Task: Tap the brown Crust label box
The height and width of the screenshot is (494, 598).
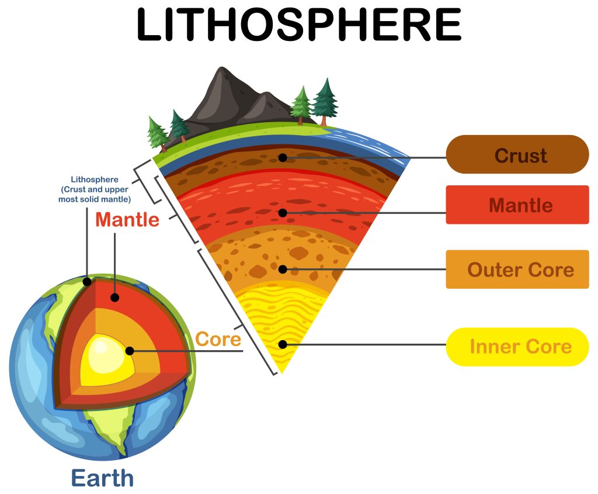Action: tap(517, 155)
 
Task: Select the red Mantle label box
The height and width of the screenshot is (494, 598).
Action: tap(517, 205)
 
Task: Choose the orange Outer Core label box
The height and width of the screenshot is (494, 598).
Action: tap(517, 270)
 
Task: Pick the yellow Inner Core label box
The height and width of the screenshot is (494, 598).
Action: tap(517, 347)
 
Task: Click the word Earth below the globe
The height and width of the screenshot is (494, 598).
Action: tap(102, 478)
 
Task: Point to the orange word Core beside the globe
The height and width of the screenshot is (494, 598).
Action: tap(218, 339)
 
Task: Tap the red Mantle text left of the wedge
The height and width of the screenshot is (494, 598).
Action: tap(127, 220)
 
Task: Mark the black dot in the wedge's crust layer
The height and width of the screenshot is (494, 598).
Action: tap(283, 157)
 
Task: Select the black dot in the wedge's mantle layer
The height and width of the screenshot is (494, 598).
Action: tap(283, 213)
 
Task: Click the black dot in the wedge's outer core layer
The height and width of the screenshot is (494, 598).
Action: tap(283, 270)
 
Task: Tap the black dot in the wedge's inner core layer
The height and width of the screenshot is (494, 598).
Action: tap(283, 344)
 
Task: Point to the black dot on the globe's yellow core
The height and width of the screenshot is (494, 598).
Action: tap(130, 351)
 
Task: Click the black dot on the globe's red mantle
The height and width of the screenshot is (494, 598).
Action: tap(115, 298)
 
